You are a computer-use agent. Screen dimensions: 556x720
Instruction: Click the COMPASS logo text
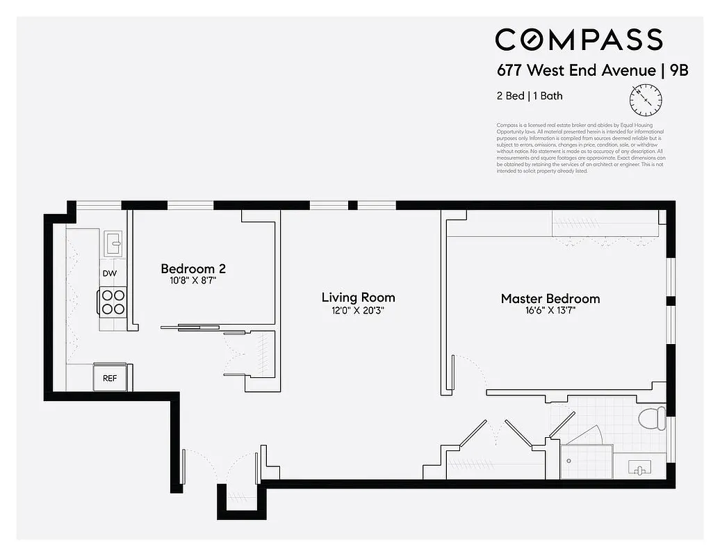click(x=578, y=40)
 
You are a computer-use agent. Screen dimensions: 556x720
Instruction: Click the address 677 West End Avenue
click(x=576, y=70)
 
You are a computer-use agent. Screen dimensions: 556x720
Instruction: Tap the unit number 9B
click(x=678, y=70)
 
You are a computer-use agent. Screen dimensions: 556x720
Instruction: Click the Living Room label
click(x=358, y=297)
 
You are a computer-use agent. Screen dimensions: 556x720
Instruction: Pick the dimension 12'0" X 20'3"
click(x=358, y=311)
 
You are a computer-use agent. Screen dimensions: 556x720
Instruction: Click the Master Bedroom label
click(x=550, y=299)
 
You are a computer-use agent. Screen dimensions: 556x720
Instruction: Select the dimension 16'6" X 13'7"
click(x=550, y=311)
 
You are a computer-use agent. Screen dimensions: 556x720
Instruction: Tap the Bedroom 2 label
click(x=193, y=268)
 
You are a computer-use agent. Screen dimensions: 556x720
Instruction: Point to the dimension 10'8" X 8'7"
click(x=193, y=281)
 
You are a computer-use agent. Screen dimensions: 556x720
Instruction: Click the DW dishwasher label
click(x=109, y=273)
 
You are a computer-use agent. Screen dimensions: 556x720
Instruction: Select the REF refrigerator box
click(x=110, y=378)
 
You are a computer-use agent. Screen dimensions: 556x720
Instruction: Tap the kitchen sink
click(x=113, y=243)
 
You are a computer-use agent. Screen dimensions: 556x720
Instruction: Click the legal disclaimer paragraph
click(x=580, y=148)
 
